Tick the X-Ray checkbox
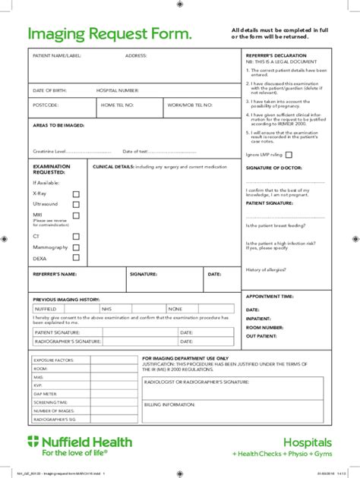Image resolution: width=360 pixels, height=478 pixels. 75,194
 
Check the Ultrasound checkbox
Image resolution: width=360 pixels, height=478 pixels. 75,205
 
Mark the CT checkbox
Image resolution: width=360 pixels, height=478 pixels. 75,237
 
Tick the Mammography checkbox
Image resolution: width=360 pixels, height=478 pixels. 75,247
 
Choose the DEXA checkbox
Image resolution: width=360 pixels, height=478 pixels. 75,258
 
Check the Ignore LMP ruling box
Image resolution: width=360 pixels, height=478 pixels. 289,154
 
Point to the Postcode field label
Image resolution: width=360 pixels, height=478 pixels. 45,105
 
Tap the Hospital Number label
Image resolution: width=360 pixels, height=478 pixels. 118,90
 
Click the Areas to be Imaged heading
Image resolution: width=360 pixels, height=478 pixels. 58,124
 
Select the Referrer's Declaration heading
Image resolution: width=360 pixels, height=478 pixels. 276,55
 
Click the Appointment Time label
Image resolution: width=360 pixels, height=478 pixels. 270,297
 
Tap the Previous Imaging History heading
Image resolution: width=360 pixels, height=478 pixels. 67,300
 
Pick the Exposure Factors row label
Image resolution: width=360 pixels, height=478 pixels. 53,360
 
